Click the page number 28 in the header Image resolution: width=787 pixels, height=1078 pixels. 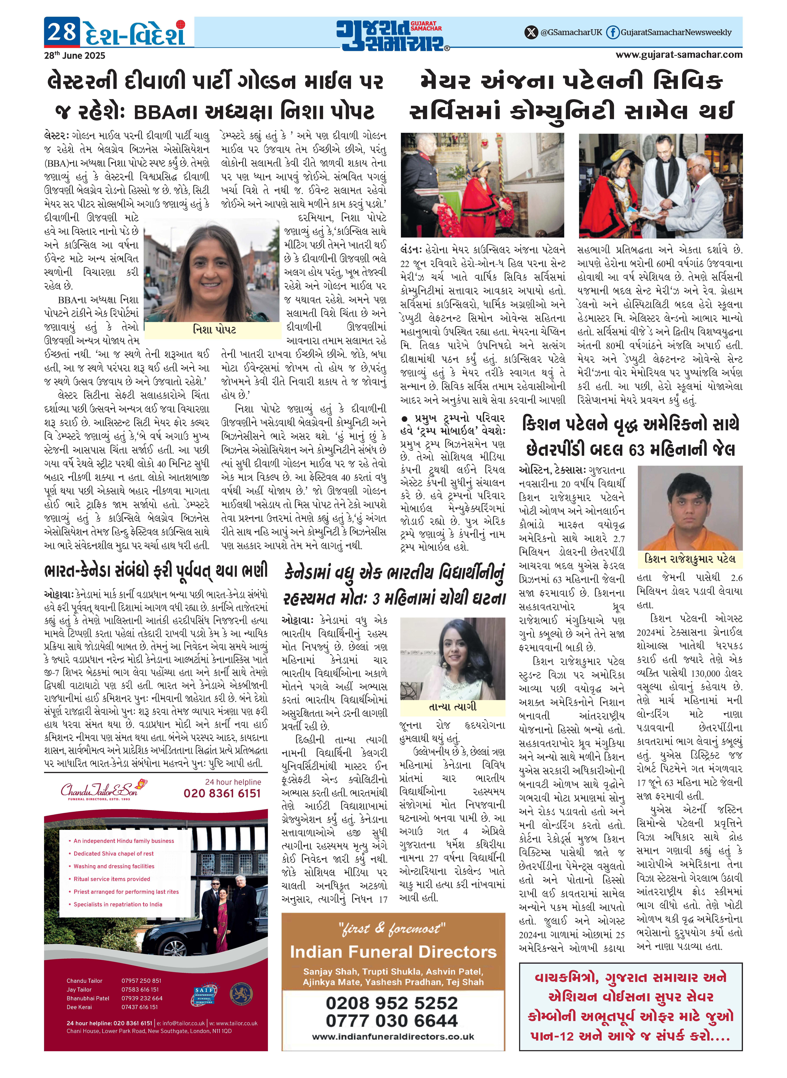click(x=62, y=32)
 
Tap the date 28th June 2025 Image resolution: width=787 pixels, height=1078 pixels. click(x=74, y=55)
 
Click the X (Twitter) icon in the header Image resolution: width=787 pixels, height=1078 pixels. click(x=531, y=32)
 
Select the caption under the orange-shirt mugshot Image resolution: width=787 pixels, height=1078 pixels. click(x=689, y=559)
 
